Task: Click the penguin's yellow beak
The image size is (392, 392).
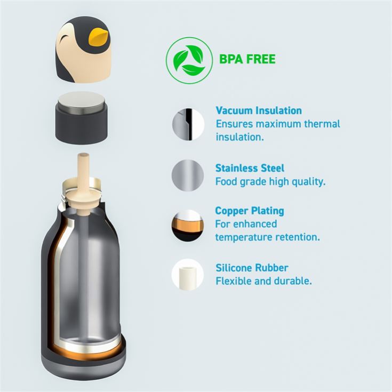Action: [100, 37]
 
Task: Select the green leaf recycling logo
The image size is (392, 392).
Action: [189, 60]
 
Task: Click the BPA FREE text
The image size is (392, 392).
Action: [247, 59]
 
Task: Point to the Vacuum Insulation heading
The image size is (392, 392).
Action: [259, 110]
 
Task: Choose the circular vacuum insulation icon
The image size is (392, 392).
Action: [188, 124]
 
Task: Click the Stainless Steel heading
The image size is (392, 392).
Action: [250, 168]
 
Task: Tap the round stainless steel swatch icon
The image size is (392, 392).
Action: [188, 175]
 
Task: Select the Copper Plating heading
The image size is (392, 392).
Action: [250, 211]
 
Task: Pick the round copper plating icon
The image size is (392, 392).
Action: [188, 225]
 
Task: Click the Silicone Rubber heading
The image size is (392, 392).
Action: [252, 268]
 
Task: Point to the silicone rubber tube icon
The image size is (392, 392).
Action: [188, 275]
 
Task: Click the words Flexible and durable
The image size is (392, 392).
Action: [264, 281]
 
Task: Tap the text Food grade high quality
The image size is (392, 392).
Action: [270, 182]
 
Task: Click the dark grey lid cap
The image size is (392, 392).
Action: [82, 124]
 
